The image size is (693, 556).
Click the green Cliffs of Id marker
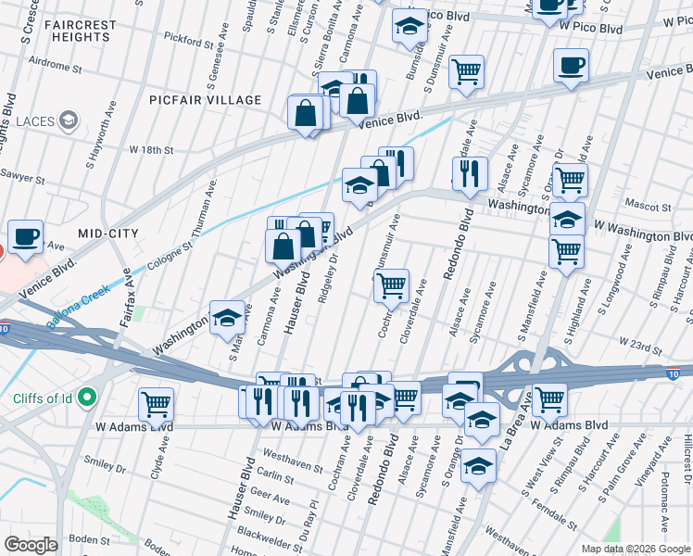click(88, 398)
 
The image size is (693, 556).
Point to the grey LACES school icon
click(68, 120)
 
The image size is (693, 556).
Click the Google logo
click(31, 545)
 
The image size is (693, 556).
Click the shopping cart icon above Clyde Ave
click(157, 403)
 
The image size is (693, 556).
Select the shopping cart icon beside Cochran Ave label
click(392, 284)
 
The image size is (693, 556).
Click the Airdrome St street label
click(55, 69)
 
